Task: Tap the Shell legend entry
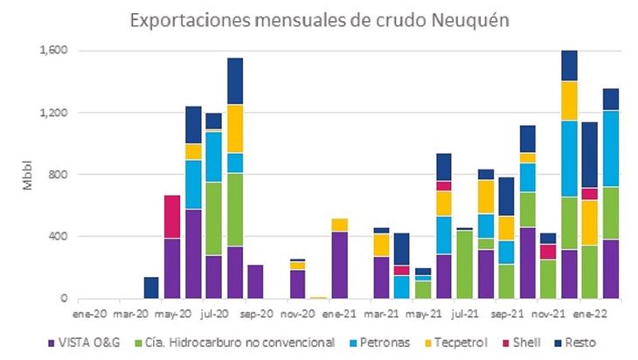(544, 343)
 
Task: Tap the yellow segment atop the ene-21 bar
(340, 225)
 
